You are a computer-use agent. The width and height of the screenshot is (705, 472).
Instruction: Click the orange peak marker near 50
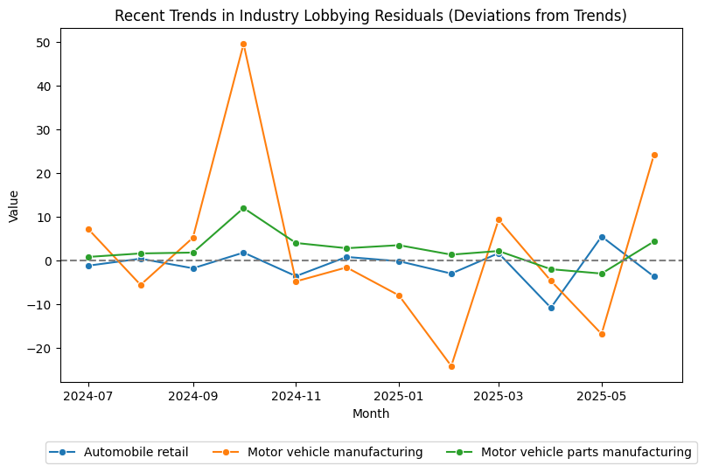(x=243, y=44)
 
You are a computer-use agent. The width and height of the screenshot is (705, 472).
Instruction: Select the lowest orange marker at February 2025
(x=451, y=366)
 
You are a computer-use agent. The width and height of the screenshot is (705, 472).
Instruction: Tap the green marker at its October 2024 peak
(x=243, y=208)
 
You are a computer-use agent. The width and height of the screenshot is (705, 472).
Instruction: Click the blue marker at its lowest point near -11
(x=551, y=308)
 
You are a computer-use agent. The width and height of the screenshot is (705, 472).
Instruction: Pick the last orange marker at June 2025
(x=654, y=155)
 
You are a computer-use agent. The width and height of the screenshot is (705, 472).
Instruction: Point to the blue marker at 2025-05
(x=602, y=237)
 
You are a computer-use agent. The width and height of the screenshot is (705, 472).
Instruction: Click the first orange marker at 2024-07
(x=88, y=229)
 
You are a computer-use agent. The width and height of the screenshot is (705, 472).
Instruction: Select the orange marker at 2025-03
(x=499, y=219)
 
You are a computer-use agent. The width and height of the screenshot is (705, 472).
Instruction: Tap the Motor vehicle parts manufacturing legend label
(x=585, y=452)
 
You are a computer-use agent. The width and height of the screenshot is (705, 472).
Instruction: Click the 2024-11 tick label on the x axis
(x=296, y=396)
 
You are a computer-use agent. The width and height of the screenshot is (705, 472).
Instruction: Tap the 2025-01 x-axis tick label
(x=399, y=396)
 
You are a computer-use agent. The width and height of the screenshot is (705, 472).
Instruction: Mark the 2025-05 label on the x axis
(x=602, y=396)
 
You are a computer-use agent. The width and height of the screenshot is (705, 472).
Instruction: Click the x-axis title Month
(x=371, y=413)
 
